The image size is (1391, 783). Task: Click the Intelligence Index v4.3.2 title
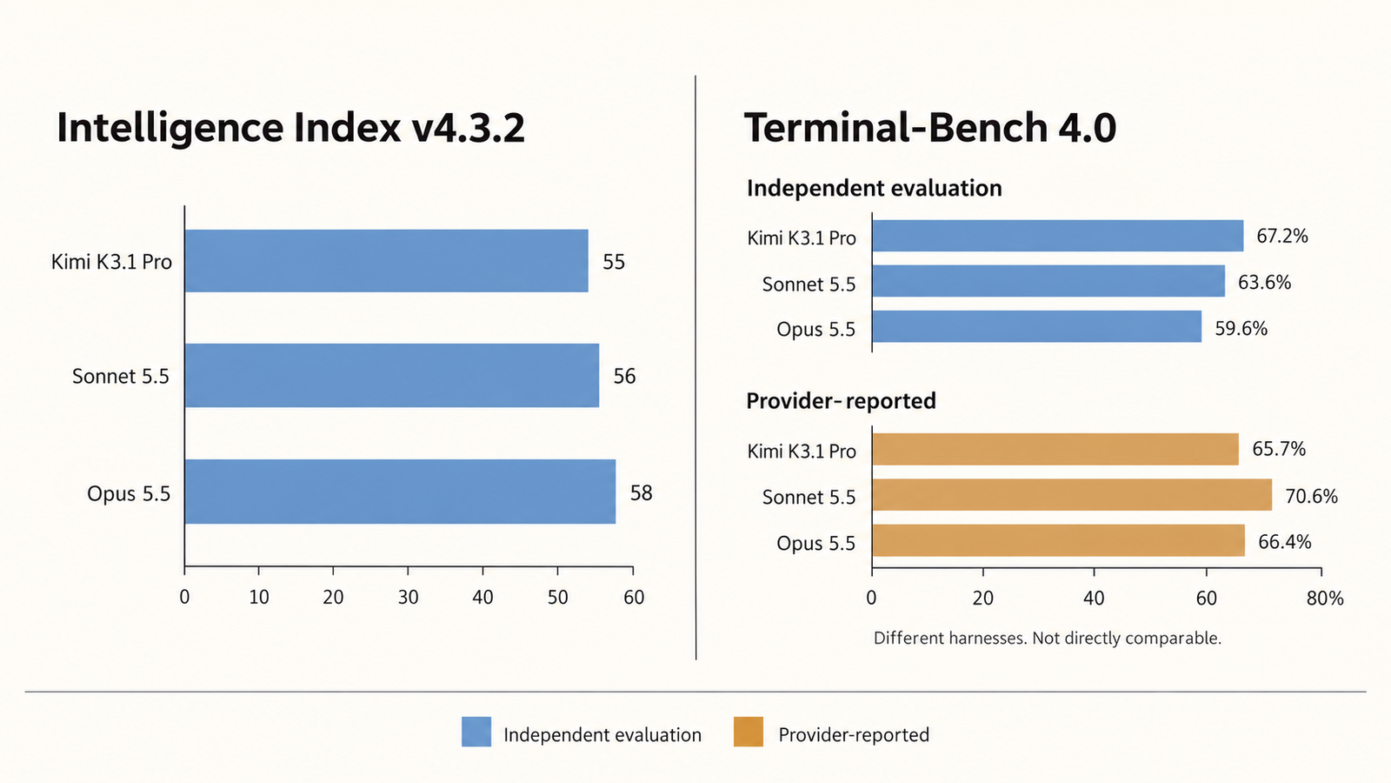pyautogui.click(x=290, y=128)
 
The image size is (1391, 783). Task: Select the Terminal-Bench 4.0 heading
pyautogui.click(x=929, y=127)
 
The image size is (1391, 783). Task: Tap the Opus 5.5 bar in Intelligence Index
pyautogui.click(x=400, y=492)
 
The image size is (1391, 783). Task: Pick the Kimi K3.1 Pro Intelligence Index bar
pyautogui.click(x=386, y=261)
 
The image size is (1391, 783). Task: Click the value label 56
pyautogui.click(x=625, y=376)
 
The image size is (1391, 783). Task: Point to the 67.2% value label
pyautogui.click(x=1282, y=236)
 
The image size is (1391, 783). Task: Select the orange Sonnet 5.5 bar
pyautogui.click(x=1072, y=495)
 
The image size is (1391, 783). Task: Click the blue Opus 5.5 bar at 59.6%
pyautogui.click(x=1036, y=326)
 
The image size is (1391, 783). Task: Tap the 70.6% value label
pyautogui.click(x=1312, y=497)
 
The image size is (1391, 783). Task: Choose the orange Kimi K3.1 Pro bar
pyautogui.click(x=1055, y=449)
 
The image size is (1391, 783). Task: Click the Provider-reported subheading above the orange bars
pyautogui.click(x=841, y=401)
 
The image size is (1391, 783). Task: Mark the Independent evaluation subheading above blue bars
pyautogui.click(x=875, y=188)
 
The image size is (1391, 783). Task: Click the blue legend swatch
pyautogui.click(x=476, y=732)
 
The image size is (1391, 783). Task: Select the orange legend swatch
pyautogui.click(x=749, y=732)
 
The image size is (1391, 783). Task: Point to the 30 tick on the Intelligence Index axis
pyautogui.click(x=408, y=597)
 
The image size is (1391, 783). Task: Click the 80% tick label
pyautogui.click(x=1325, y=598)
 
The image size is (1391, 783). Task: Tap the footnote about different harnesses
pyautogui.click(x=1047, y=639)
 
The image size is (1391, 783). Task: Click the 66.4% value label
pyautogui.click(x=1285, y=542)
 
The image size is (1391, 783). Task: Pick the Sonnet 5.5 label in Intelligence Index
pyautogui.click(x=121, y=376)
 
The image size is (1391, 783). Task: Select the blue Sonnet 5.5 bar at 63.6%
pyautogui.click(x=1048, y=280)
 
